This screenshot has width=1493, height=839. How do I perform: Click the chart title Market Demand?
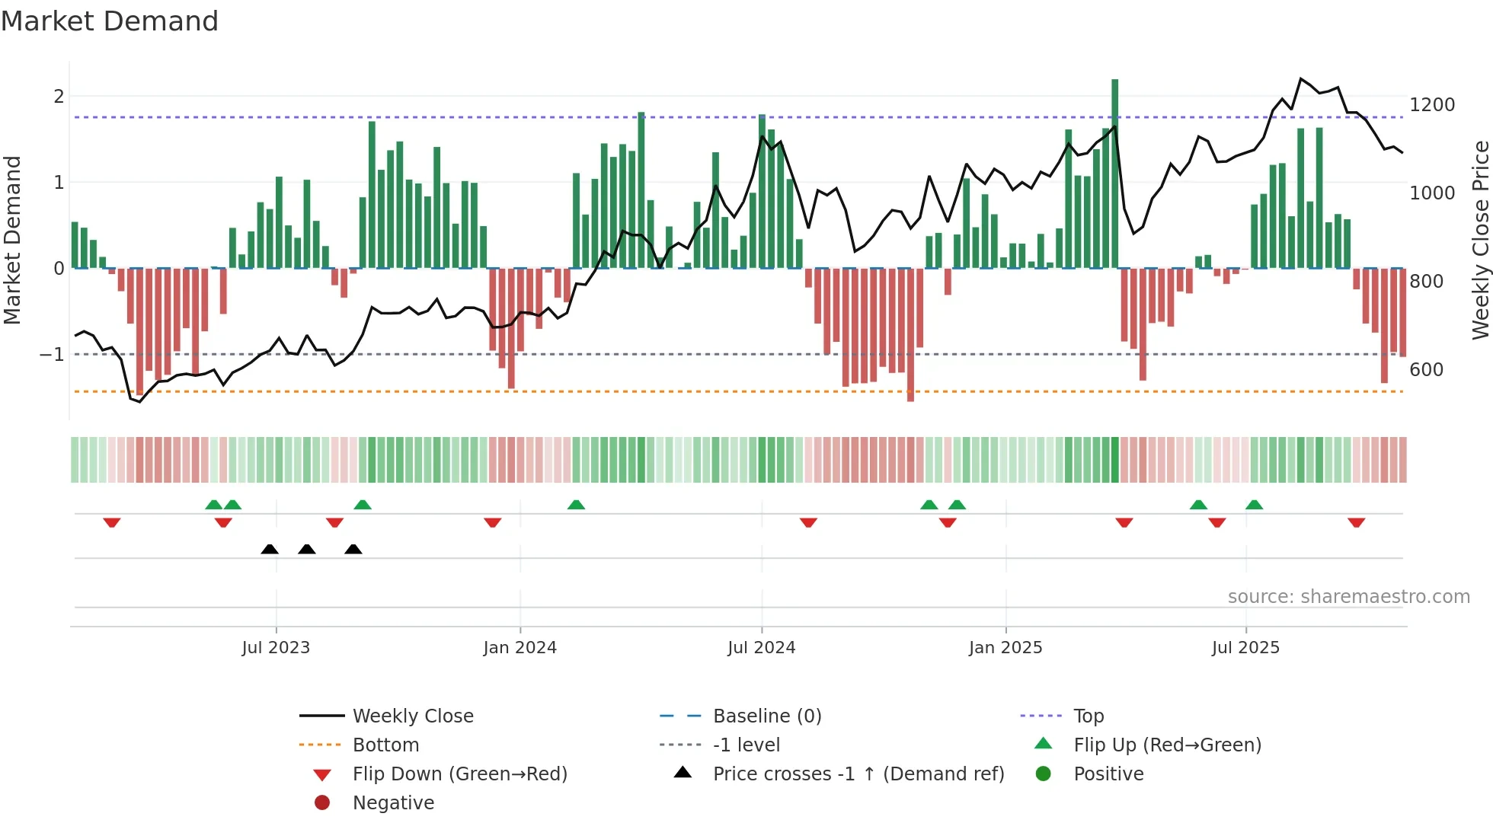[x=110, y=21]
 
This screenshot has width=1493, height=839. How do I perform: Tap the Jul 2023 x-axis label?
[x=276, y=647]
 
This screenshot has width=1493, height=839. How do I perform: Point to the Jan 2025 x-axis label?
[x=1005, y=647]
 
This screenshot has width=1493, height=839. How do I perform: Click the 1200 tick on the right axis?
[x=1432, y=104]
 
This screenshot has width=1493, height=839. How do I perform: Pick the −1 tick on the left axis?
[x=52, y=354]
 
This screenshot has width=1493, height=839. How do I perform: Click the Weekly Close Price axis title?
[x=1480, y=240]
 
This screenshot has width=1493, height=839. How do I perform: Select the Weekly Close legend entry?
[x=413, y=716]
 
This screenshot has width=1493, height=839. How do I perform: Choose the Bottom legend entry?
[x=385, y=745]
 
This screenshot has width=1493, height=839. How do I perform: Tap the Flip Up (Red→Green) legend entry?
[x=1167, y=745]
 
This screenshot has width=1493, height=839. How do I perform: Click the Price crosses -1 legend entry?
[x=858, y=774]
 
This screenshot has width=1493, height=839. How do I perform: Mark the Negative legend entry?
[x=393, y=802]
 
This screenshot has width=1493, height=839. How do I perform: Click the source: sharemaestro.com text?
[x=1348, y=596]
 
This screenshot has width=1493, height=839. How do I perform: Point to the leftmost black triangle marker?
[x=270, y=549]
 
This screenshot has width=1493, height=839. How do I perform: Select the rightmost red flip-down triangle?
[x=1356, y=522]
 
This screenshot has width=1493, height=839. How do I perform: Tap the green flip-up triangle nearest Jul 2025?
[x=1254, y=505]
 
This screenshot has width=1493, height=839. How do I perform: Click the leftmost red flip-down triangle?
[x=112, y=522]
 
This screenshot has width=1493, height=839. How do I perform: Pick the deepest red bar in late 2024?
[x=910, y=335]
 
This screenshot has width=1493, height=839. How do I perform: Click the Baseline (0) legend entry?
[x=767, y=716]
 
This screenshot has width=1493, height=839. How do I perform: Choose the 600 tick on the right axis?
[x=1426, y=369]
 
